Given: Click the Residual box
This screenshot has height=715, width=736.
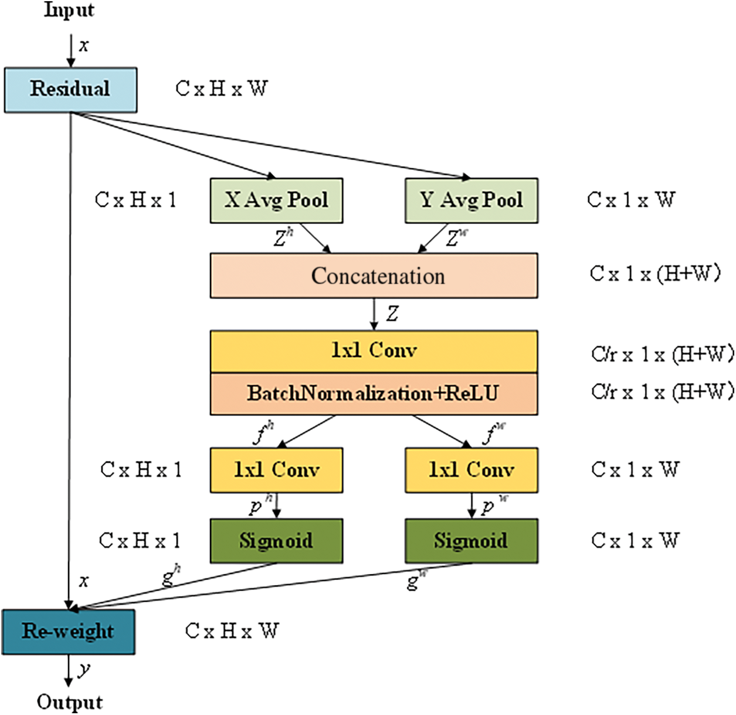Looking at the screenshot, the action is (71, 90).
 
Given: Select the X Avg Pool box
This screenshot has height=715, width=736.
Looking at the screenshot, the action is (276, 200).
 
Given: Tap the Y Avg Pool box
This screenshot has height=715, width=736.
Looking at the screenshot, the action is (472, 200).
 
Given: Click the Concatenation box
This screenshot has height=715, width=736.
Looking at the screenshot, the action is (374, 276).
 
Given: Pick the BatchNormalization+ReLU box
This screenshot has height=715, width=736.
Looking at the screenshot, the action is (374, 394).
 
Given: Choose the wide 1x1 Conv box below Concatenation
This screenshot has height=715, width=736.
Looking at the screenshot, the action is (374, 351).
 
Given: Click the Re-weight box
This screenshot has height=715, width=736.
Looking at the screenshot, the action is (69, 631).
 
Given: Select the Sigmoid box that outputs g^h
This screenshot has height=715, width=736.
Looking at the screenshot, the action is (276, 541).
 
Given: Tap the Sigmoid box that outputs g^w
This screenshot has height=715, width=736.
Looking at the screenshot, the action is (472, 541).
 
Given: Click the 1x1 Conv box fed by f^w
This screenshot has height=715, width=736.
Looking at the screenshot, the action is (472, 470).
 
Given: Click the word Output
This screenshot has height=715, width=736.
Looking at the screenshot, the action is (70, 703).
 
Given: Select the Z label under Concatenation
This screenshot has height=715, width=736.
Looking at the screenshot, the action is (392, 314).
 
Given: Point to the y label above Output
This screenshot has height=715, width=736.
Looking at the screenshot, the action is (84, 669).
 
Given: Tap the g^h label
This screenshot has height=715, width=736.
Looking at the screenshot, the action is (171, 577).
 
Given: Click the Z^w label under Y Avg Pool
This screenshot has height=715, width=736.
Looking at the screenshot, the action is (457, 237).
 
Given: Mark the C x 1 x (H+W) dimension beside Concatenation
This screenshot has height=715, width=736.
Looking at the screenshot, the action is (654, 273).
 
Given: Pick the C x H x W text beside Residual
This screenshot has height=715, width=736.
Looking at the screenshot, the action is (222, 89).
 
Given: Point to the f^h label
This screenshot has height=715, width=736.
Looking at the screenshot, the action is (264, 434).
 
